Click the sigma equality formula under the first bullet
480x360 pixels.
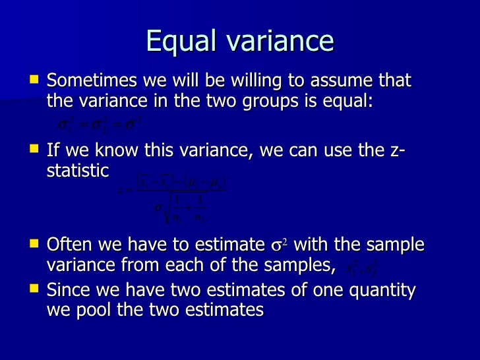(100, 123)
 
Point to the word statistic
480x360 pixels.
(77, 171)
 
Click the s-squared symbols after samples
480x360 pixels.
(361, 268)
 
